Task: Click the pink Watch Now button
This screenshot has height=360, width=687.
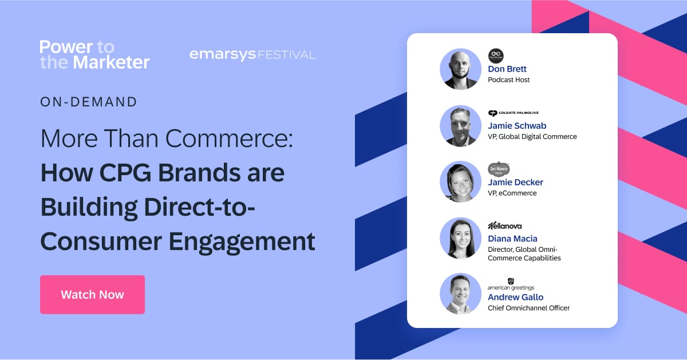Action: pyautogui.click(x=92, y=295)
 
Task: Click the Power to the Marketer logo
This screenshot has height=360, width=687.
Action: pyautogui.click(x=94, y=54)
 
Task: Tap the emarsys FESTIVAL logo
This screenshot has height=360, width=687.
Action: pyautogui.click(x=252, y=55)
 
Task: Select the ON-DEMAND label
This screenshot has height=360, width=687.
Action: pyautogui.click(x=89, y=102)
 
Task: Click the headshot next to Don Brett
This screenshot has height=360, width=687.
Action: pyautogui.click(x=460, y=69)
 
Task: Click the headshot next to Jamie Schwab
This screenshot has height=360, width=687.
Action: pyautogui.click(x=460, y=125)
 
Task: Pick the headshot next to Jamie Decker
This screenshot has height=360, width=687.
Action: pyautogui.click(x=460, y=181)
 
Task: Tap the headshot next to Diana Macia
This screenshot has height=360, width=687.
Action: pyautogui.click(x=460, y=238)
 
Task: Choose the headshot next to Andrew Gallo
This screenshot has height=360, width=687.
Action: pyautogui.click(x=460, y=294)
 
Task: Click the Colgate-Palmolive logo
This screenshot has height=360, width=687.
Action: pyautogui.click(x=513, y=113)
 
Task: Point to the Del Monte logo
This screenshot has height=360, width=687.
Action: pyautogui.click(x=499, y=169)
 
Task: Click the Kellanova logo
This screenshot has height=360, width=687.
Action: pyautogui.click(x=504, y=226)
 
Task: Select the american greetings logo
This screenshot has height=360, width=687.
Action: pyautogui.click(x=511, y=284)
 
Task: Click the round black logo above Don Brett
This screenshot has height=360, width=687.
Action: pyautogui.click(x=496, y=56)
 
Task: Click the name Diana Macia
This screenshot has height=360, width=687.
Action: pyautogui.click(x=512, y=238)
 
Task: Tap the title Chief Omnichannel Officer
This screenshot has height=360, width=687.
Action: pyautogui.click(x=528, y=308)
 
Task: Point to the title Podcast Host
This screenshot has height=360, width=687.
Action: pyautogui.click(x=508, y=80)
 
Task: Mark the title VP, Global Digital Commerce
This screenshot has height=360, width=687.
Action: pyautogui.click(x=532, y=137)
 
